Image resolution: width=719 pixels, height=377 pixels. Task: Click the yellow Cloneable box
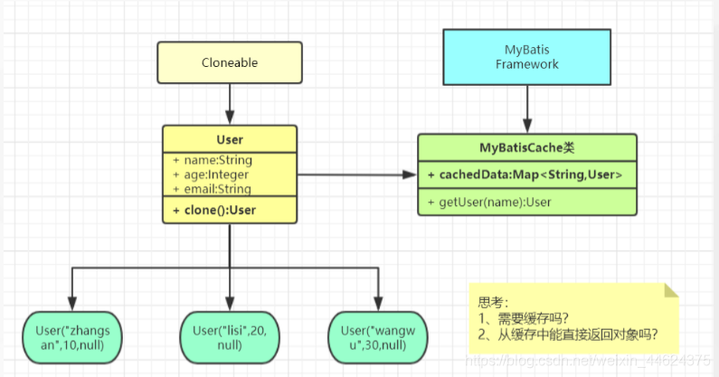click(229, 62)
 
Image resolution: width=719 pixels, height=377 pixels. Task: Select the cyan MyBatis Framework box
click(526, 57)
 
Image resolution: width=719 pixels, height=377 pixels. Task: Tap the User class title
click(229, 140)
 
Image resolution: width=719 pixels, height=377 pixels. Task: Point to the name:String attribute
click(213, 160)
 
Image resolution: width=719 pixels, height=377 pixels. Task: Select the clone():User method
click(218, 210)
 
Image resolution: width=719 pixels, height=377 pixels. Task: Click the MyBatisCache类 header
click(526, 147)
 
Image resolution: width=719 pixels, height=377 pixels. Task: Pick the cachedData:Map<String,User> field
click(525, 174)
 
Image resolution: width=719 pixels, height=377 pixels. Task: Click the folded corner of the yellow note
click(670, 289)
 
